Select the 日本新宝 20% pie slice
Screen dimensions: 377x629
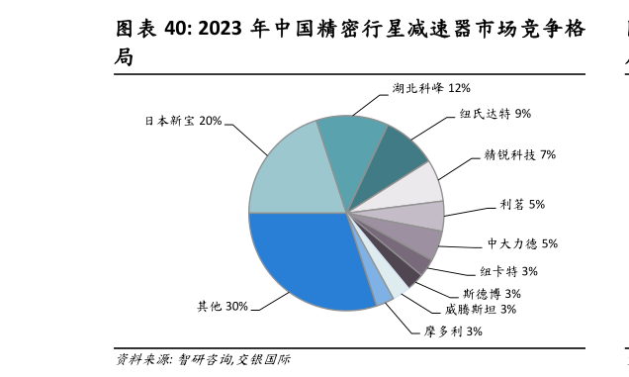point(287,173)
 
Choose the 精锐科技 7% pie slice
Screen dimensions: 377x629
point(420,185)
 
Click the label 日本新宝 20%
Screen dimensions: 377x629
point(183,121)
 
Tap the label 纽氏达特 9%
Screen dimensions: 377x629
point(495,114)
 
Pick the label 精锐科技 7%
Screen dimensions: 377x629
point(520,154)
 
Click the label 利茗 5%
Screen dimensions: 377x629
point(522,205)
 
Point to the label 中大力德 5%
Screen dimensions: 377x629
point(522,243)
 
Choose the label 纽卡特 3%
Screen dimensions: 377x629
point(509,271)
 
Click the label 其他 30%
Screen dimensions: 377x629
point(223,307)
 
